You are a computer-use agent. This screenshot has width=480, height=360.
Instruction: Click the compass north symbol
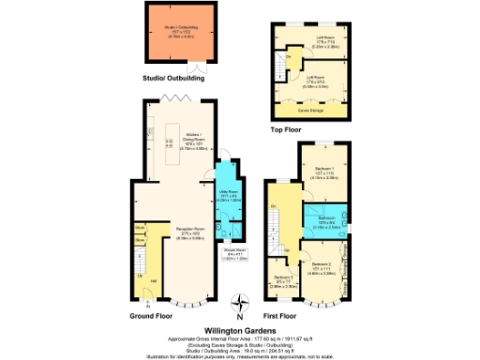pos(242,302)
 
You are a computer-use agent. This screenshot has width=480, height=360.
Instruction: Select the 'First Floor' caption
pos(283,317)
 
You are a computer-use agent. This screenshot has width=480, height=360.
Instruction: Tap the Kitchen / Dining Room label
pos(192,141)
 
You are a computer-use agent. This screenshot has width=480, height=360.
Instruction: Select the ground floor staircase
pos(142,267)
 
